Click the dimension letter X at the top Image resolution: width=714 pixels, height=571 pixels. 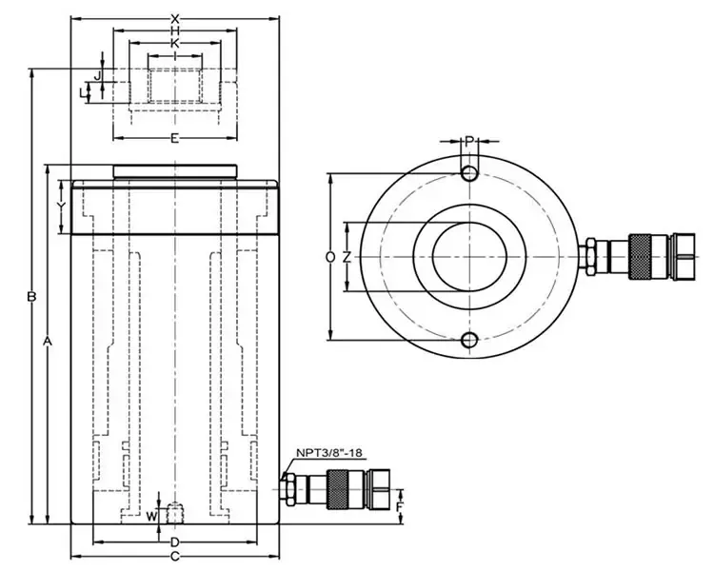tap(175, 18)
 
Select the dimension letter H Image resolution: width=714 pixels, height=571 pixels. tap(175, 30)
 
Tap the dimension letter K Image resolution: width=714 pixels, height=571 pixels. tap(175, 43)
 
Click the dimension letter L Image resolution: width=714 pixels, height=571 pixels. tap(82, 91)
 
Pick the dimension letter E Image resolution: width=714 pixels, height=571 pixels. tap(175, 140)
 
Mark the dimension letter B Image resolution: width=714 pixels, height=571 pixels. tap(31, 298)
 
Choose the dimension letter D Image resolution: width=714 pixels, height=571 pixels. tap(175, 541)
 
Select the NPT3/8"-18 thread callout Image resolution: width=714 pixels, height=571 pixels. tap(328, 454)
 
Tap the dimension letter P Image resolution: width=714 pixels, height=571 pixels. tap(469, 142)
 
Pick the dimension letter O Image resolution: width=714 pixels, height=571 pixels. tap(329, 257)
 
